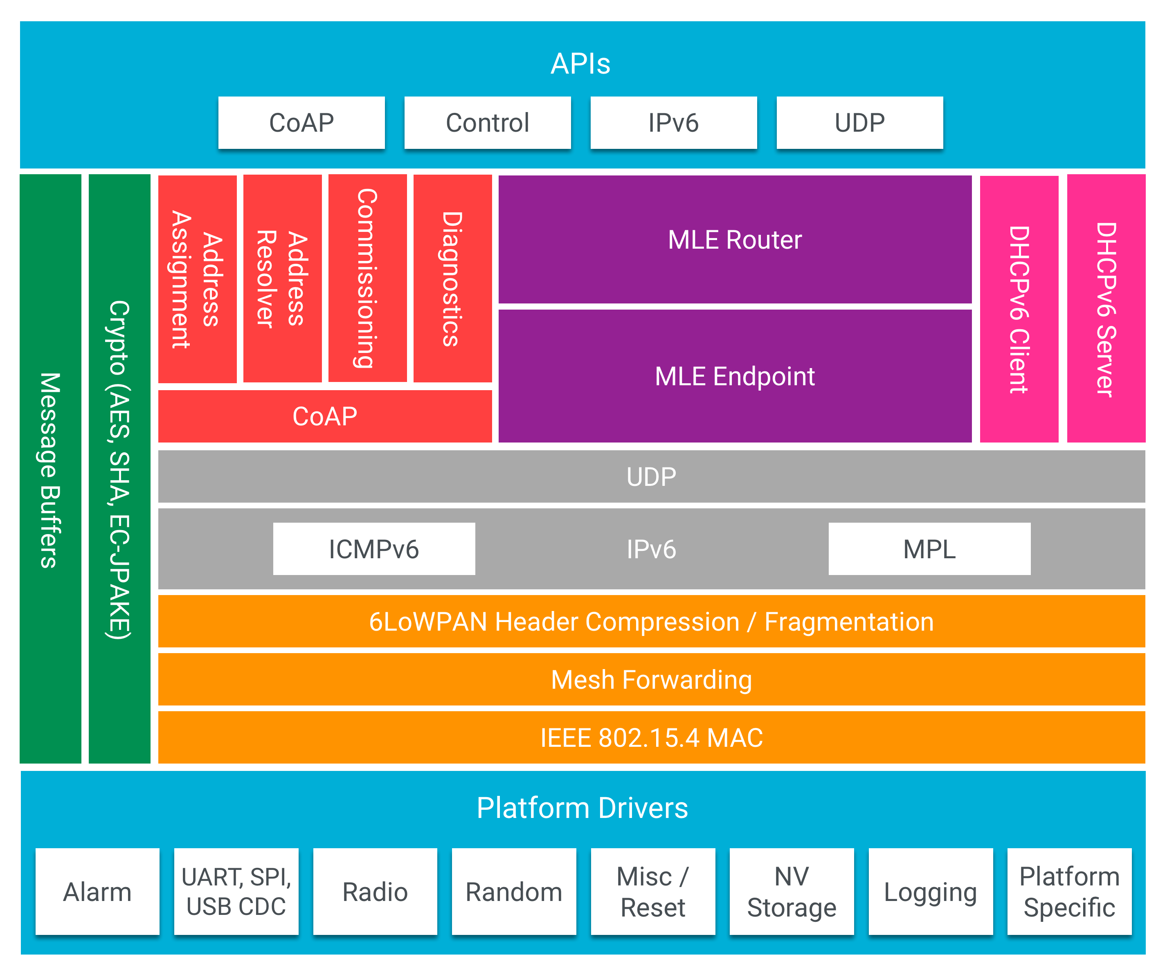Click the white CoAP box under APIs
[301, 123]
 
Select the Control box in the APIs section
[487, 123]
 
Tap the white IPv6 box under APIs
[673, 123]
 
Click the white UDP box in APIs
[859, 123]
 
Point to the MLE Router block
[735, 240]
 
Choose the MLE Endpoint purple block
[735, 376]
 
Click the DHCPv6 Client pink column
[1019, 309]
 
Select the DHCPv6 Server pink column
[1106, 309]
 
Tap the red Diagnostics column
[452, 279]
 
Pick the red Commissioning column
[367, 279]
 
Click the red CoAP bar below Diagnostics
[324, 416]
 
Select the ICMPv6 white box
[373, 549]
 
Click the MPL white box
[929, 549]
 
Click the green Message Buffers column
[50, 469]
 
